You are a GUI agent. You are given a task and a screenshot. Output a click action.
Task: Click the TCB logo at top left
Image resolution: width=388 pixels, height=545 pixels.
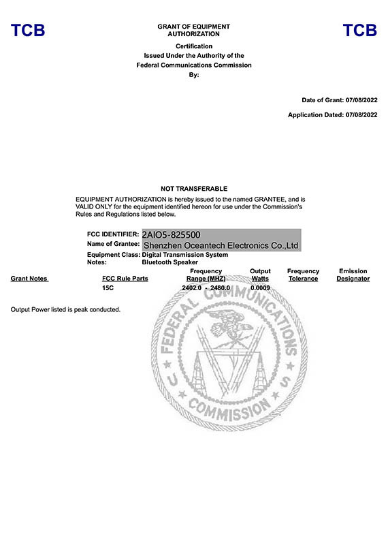pyautogui.click(x=28, y=30)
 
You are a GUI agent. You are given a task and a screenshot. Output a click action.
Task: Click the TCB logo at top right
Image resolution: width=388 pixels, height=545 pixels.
pyautogui.click(x=359, y=30)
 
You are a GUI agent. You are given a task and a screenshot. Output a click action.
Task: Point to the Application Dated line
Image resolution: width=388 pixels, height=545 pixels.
pyautogui.click(x=332, y=115)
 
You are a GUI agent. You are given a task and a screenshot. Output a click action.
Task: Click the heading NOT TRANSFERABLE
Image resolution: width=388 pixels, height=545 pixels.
pyautogui.click(x=194, y=188)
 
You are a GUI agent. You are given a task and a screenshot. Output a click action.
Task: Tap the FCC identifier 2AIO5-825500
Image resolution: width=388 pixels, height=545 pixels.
pyautogui.click(x=172, y=234)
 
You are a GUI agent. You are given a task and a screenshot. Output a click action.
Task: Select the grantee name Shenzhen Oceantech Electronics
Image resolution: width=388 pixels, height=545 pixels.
pyautogui.click(x=221, y=245)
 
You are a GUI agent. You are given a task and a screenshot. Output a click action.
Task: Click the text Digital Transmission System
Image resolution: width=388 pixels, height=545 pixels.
pyautogui.click(x=185, y=255)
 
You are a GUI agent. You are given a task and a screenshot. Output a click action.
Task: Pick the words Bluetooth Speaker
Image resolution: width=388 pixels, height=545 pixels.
pyautogui.click(x=169, y=262)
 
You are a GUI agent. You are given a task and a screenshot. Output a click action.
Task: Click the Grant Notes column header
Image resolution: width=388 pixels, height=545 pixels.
pyautogui.click(x=29, y=279)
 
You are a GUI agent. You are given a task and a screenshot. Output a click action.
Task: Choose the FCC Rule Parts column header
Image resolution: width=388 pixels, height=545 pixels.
pyautogui.click(x=125, y=279)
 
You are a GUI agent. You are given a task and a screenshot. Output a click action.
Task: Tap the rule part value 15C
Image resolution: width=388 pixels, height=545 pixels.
pyautogui.click(x=108, y=289)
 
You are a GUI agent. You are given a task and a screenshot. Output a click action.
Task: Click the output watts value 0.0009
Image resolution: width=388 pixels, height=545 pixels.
pyautogui.click(x=260, y=289)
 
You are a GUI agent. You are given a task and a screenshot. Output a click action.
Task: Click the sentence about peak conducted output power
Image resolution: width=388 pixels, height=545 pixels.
pyautogui.click(x=66, y=310)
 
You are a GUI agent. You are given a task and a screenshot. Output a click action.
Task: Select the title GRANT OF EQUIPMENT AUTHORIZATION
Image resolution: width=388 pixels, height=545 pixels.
pyautogui.click(x=194, y=30)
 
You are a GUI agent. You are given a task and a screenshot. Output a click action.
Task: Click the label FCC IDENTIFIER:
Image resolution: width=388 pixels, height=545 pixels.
pyautogui.click(x=113, y=234)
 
